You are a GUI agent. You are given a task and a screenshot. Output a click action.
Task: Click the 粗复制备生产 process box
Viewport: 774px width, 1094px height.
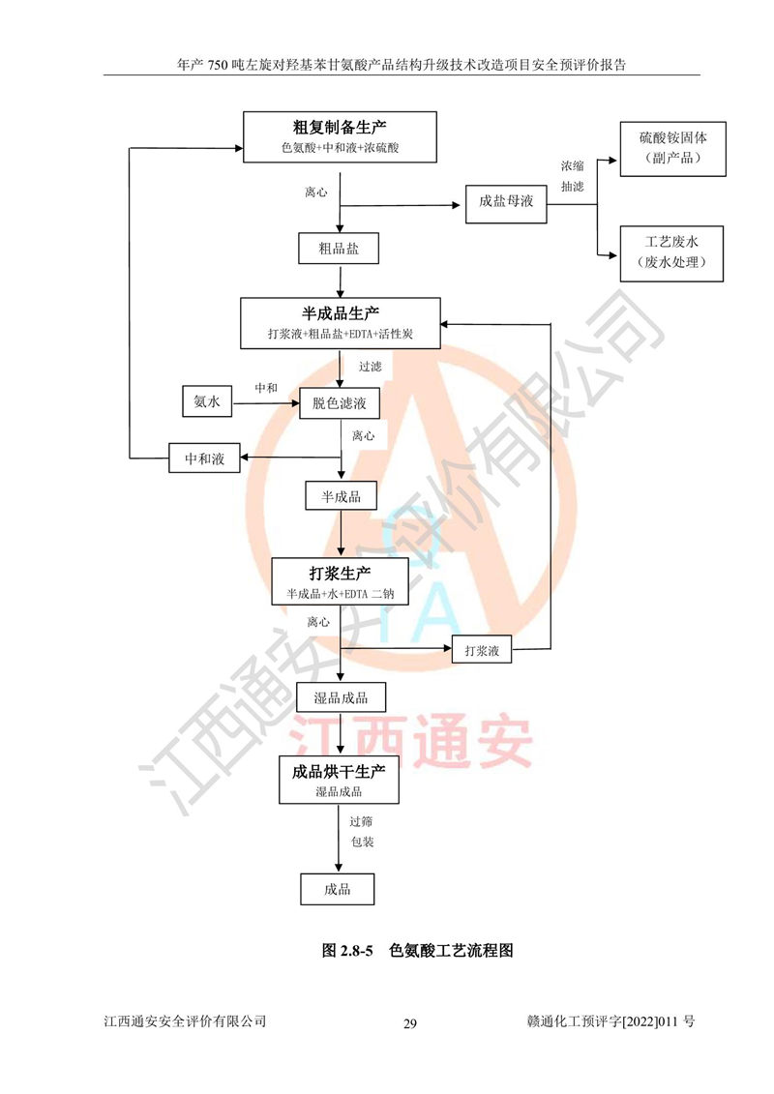coord(340,136)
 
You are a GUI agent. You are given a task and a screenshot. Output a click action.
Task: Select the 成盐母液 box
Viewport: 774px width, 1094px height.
coord(506,203)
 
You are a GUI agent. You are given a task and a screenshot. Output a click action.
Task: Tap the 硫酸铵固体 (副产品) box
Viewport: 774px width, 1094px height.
coord(672,149)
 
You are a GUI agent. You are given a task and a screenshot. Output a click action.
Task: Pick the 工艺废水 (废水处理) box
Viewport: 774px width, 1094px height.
coord(671,253)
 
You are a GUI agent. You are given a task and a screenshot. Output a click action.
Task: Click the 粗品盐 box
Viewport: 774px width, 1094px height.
coord(339,249)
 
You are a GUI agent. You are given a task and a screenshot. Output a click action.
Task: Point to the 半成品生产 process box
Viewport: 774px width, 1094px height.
coord(341,323)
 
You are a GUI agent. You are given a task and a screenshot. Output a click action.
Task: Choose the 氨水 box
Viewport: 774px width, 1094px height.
coord(207,401)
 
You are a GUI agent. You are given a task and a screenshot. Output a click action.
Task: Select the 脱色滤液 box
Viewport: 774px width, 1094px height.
coord(340,403)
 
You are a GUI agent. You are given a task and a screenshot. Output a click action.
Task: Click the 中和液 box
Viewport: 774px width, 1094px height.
coord(204,458)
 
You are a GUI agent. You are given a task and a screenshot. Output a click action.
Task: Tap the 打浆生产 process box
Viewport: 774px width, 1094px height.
coord(340,582)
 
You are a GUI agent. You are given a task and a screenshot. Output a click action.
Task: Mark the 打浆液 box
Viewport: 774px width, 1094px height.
coord(482,650)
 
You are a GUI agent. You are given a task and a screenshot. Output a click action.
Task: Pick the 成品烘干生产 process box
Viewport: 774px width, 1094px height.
coord(340,780)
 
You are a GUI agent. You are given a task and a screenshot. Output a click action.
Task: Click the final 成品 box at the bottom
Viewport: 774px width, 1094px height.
coord(337,889)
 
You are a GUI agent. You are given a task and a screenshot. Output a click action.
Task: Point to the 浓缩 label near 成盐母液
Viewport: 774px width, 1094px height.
coord(573,166)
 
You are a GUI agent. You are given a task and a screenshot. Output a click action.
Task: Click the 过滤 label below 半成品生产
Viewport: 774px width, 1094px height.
coord(370,367)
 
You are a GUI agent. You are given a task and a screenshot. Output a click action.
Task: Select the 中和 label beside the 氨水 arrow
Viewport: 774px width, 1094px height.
coord(266,388)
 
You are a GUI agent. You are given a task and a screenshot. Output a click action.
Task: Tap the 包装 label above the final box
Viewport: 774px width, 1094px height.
coord(362,842)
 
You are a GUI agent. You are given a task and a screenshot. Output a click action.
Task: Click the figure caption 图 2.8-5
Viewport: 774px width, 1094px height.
coord(347,950)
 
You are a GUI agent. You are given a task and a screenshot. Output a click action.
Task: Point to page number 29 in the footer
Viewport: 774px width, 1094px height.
coord(409,1023)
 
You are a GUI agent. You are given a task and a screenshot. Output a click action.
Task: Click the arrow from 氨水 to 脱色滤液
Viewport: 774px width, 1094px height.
coord(266,403)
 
